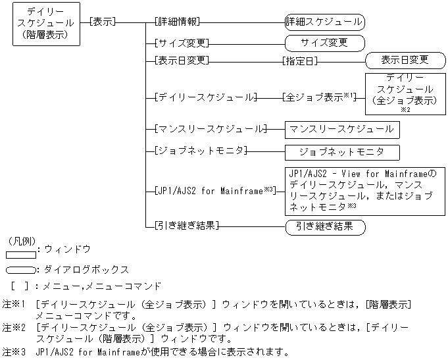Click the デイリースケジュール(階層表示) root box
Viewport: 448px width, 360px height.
(x=47, y=24)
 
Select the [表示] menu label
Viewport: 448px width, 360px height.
(x=102, y=22)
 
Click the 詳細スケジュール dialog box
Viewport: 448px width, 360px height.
(x=324, y=22)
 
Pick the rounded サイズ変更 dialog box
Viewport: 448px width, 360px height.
(x=324, y=43)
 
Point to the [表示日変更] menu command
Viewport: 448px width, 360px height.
(x=182, y=61)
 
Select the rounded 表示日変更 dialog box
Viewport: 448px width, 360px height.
(x=405, y=60)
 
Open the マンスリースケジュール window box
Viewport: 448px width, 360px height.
(x=341, y=129)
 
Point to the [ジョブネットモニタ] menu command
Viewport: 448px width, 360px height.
(x=199, y=151)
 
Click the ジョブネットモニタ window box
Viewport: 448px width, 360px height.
(x=341, y=151)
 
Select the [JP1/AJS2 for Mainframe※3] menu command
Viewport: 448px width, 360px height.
(x=214, y=191)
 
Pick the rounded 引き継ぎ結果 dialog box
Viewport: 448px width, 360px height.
(x=324, y=226)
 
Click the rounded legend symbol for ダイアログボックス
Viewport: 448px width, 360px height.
(x=20, y=270)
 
